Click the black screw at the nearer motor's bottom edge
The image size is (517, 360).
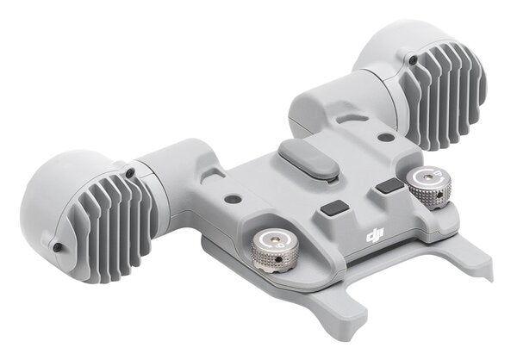pos(57,247)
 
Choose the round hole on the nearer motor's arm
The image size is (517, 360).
pos(232,199)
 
